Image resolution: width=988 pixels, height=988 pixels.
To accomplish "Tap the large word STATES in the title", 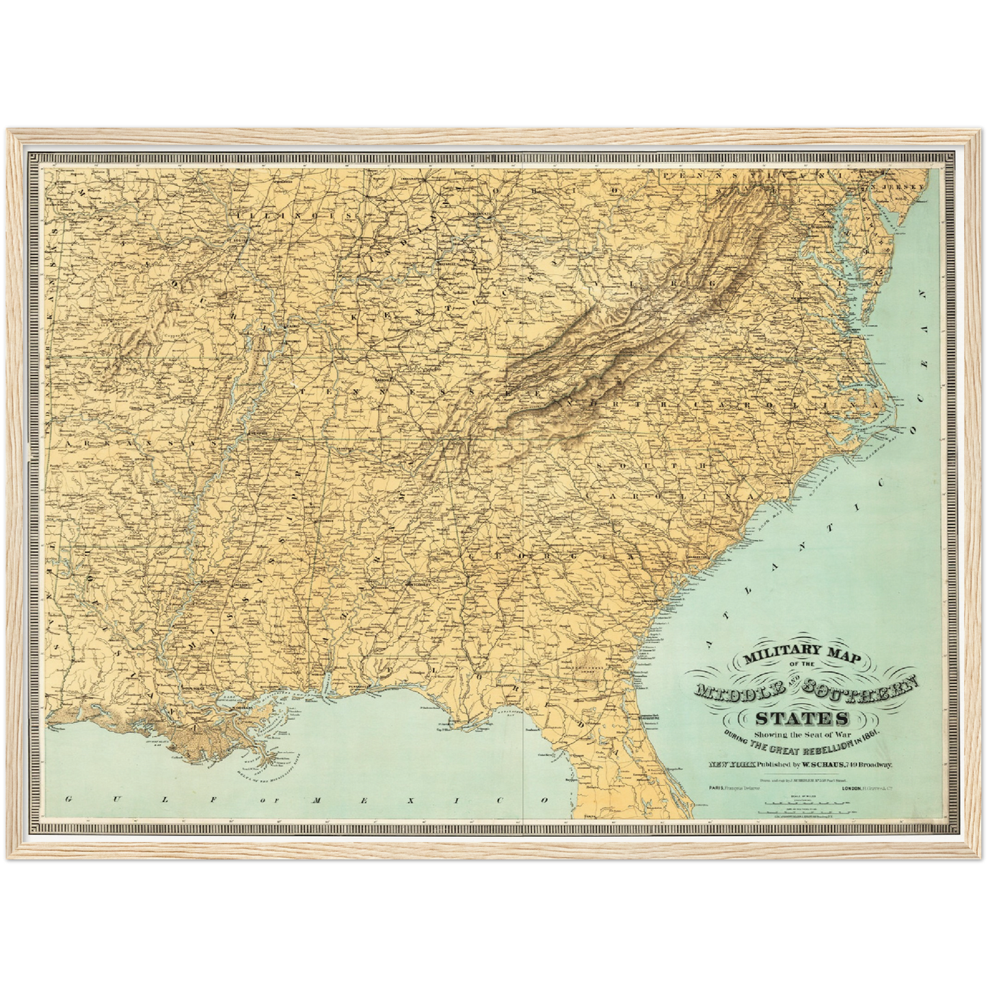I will point(802,718).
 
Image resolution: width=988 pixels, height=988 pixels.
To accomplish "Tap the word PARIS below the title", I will point(717,788).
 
